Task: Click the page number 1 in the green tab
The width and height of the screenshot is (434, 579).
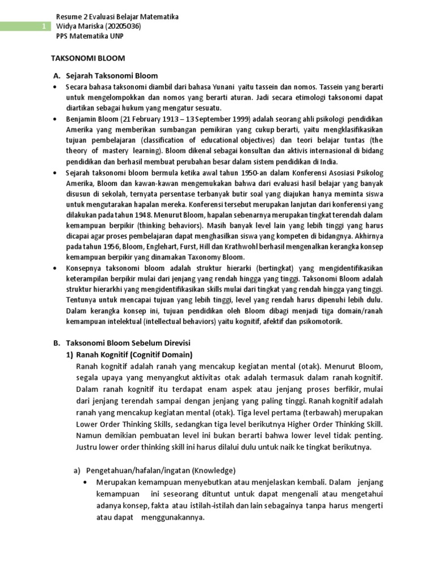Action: (x=44, y=27)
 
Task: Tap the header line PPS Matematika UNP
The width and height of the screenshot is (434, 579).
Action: (x=90, y=36)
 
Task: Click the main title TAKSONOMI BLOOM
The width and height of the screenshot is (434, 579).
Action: (x=88, y=58)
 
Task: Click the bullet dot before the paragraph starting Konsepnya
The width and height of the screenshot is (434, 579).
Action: (x=55, y=269)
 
